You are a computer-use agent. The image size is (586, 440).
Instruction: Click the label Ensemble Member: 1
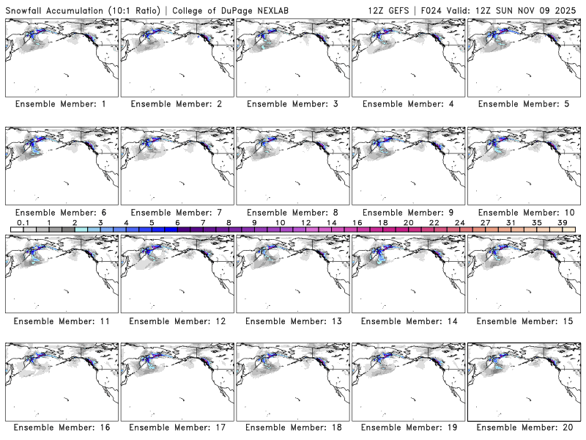[61, 104]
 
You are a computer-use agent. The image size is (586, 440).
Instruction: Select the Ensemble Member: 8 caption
[292, 213]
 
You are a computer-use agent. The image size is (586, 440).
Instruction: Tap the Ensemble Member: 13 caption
[292, 320]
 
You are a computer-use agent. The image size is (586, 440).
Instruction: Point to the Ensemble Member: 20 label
[523, 428]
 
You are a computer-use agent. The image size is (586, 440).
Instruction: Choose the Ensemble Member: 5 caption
[523, 104]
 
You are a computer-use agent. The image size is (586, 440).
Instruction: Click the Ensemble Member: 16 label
[61, 428]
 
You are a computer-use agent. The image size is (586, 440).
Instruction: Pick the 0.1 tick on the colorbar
[23, 222]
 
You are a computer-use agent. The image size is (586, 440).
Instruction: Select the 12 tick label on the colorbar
[305, 222]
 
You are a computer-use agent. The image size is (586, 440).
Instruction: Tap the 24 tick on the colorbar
[459, 222]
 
